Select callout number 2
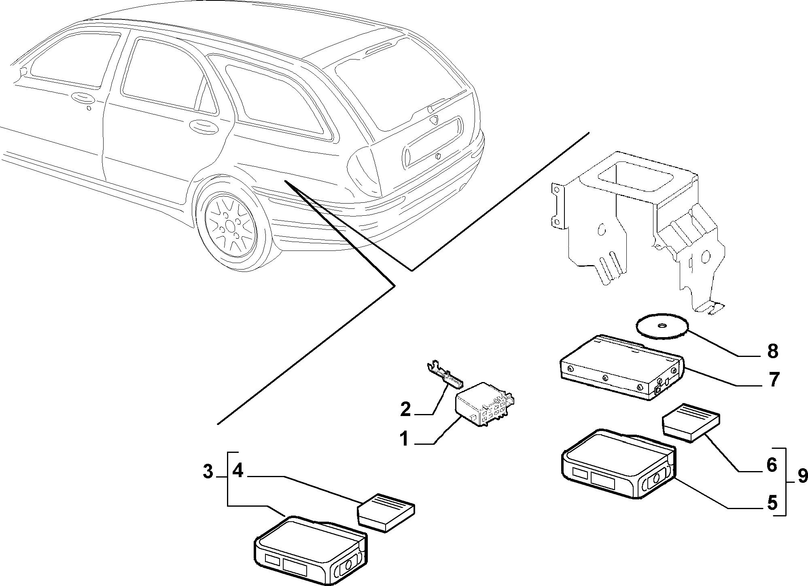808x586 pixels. coord(405,409)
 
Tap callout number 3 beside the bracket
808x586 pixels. coord(208,471)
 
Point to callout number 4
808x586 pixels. coord(238,471)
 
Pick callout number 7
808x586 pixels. coord(773,380)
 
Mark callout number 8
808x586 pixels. coord(772,351)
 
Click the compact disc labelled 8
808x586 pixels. coord(662,326)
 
